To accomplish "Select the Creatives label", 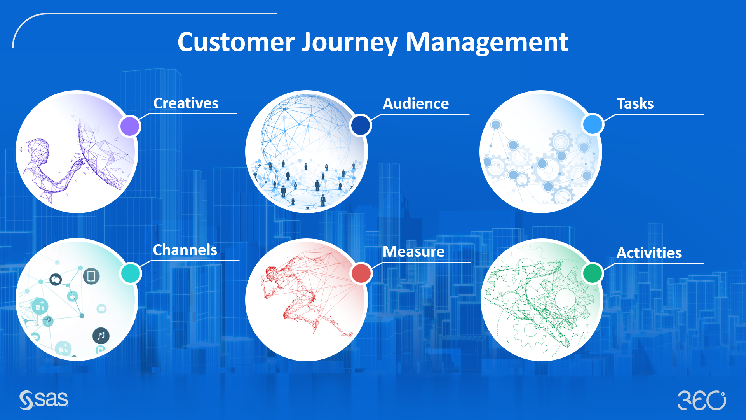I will point(186,103).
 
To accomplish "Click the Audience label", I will point(416,104).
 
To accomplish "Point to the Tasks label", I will point(635,104).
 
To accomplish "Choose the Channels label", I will point(185,250).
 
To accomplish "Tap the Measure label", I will point(413,252).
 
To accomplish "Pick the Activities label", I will point(649,253).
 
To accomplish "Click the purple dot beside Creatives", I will point(130,126).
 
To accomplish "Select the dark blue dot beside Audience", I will point(361,125).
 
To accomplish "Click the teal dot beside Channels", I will point(131,273).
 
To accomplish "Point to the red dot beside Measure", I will point(361,273).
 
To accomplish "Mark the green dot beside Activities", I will point(593,273).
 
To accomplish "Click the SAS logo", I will point(44,400).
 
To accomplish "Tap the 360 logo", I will point(702,401).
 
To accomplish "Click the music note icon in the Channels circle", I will point(101,336).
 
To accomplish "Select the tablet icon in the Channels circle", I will point(91,276).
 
